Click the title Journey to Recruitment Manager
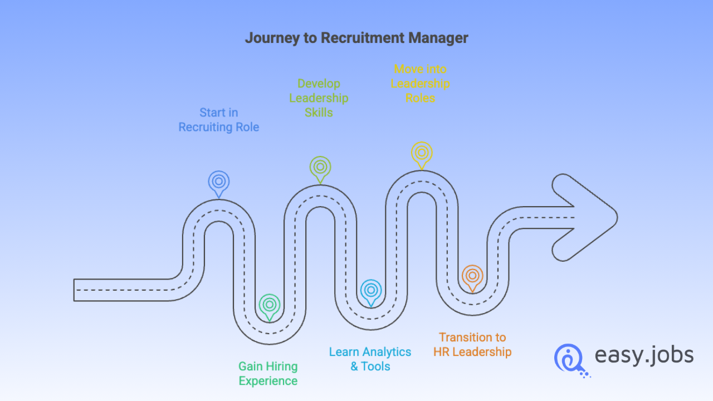356,38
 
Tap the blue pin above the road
219,182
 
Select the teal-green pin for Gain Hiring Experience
270,305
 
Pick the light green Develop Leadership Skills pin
320,167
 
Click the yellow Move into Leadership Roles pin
422,153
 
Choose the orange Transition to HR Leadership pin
472,276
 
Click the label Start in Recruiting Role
219,120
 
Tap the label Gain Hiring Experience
268,374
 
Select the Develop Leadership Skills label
319,98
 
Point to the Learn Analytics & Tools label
370,359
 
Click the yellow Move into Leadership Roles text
421,84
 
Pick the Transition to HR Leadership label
472,344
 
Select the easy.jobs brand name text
644,355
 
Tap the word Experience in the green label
268,381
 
